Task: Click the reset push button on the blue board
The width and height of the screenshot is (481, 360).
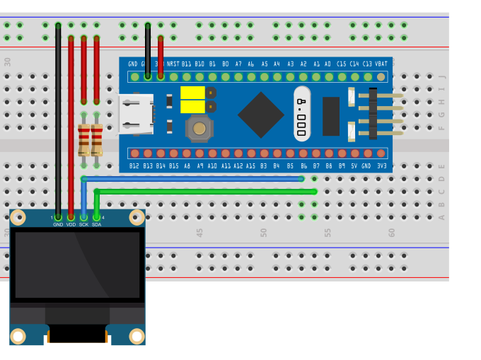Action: coord(199,128)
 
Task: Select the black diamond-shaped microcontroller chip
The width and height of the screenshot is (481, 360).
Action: coord(261,115)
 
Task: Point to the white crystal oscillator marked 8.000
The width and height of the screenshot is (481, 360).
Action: coord(302,113)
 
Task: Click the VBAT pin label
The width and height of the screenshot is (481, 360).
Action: coord(381,64)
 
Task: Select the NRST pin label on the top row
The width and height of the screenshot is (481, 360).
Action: coord(173,64)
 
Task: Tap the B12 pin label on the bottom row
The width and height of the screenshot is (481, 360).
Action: coord(134,166)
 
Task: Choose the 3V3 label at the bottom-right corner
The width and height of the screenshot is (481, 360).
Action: coord(381,166)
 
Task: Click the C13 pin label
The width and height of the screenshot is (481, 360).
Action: coord(368,64)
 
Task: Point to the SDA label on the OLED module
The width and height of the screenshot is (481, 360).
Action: coord(96,224)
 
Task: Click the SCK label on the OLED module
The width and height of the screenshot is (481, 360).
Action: coord(83,224)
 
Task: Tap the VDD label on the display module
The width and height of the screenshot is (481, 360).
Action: coord(71,224)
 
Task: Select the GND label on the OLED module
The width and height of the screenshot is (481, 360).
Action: coord(58,224)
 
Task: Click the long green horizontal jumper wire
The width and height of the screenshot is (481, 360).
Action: coord(212,191)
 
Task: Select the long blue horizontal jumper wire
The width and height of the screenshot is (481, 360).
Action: coord(198,179)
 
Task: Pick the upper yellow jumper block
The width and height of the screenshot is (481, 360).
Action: coord(192,93)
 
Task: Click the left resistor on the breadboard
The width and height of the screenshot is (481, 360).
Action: coord(83,139)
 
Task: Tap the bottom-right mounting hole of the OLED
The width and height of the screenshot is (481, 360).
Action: coord(136,335)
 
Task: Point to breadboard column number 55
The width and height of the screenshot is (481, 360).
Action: coord(328,232)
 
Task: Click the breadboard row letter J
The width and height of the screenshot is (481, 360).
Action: coord(442,76)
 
